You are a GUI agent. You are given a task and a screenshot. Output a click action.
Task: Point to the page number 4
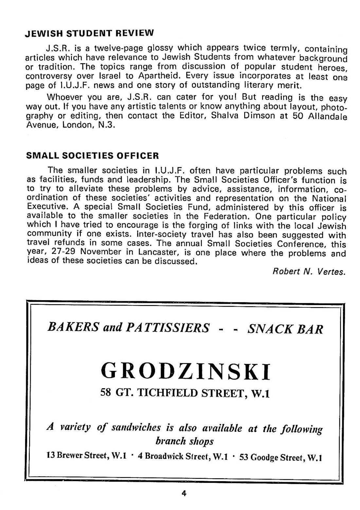(x=184, y=493)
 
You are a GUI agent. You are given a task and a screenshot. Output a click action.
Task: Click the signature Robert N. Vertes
(x=309, y=272)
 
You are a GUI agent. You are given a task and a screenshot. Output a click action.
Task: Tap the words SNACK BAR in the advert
(x=285, y=328)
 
